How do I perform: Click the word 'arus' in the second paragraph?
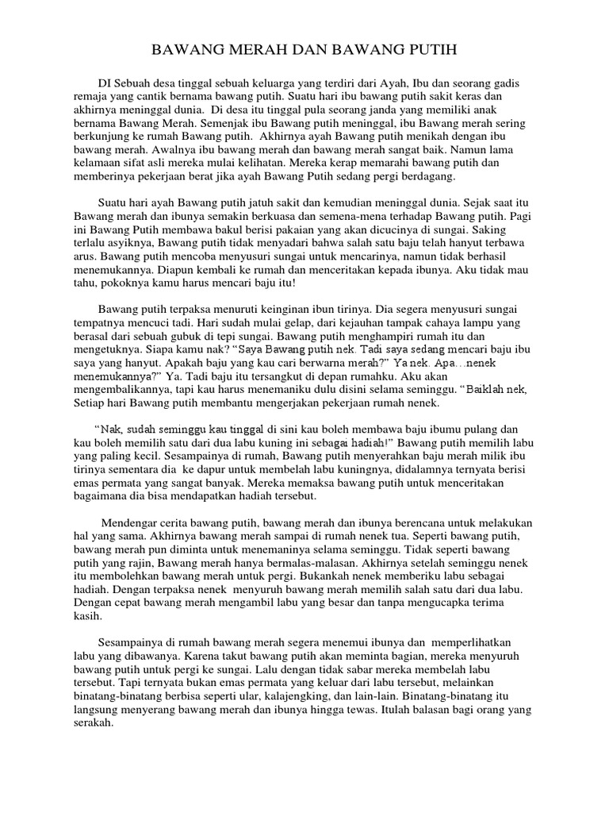[84, 259]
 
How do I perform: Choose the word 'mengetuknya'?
[105, 349]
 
